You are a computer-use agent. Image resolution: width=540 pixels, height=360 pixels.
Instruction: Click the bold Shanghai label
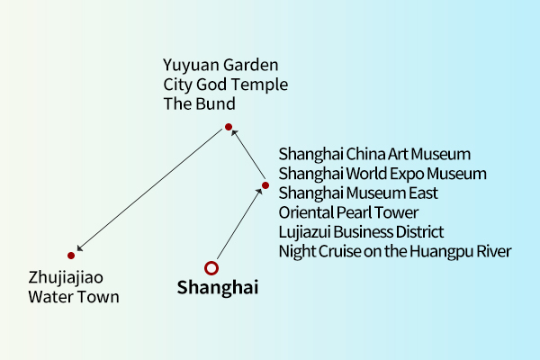pos(217,288)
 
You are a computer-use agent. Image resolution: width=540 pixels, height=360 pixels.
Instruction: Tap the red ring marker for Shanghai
pos(211,267)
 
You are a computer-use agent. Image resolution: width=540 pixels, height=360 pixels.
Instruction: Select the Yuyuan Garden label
pos(220,66)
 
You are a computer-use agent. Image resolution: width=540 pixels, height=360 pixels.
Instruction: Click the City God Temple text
pos(225,85)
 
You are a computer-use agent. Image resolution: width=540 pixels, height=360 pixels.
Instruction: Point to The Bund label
pos(199,103)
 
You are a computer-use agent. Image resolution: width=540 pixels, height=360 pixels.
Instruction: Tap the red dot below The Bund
pos(229,127)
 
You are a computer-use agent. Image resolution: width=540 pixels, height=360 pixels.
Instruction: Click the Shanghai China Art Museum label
pos(374,155)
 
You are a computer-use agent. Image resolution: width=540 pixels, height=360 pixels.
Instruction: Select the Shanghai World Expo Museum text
pos(382,174)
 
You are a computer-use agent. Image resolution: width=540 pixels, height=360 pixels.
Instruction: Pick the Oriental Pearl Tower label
pos(348,212)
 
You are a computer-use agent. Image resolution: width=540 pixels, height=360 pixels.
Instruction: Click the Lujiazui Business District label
pos(361,232)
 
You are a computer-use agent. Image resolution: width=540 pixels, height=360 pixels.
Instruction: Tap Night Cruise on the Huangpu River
pos(395,251)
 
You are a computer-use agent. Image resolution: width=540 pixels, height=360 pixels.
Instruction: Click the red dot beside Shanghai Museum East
pos(265,185)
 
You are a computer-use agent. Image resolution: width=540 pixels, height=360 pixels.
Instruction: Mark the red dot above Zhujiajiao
pos(71,256)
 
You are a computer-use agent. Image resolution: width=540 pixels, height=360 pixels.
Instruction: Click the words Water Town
pos(73,297)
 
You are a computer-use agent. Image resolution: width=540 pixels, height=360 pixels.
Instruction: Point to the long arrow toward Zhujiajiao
pos(150,191)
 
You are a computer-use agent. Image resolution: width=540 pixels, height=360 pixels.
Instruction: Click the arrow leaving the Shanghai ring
pos(238,224)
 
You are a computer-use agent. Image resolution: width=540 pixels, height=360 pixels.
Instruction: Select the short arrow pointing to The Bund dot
pos(247,155)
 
